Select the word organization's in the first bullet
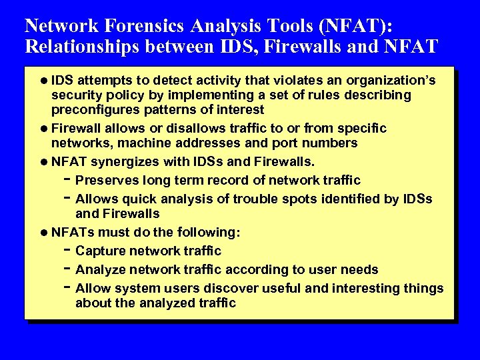click(x=394, y=81)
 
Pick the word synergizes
click(x=130, y=161)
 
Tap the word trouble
click(x=245, y=199)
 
